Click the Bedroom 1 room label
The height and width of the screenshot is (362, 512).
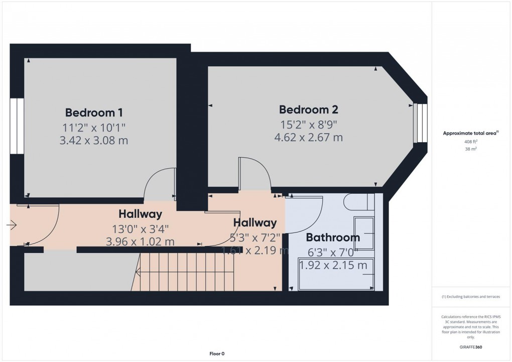(x=94, y=112)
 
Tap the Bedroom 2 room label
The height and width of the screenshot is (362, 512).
(x=308, y=109)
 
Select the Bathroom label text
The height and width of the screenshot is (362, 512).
(x=333, y=237)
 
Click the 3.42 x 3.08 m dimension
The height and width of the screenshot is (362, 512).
(x=93, y=141)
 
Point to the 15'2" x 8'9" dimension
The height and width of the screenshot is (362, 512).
(x=308, y=124)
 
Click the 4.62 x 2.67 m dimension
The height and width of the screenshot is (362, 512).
(x=308, y=137)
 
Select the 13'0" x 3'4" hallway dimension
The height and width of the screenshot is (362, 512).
(x=140, y=229)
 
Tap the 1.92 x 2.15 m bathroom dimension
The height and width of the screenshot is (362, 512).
(x=333, y=266)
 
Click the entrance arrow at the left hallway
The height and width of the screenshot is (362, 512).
(x=11, y=225)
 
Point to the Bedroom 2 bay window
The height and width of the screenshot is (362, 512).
(x=420, y=124)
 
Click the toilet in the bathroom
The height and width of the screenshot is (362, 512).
(x=357, y=203)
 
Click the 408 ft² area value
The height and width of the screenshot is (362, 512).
(x=471, y=142)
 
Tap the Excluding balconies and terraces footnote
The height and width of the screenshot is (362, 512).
(x=471, y=297)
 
